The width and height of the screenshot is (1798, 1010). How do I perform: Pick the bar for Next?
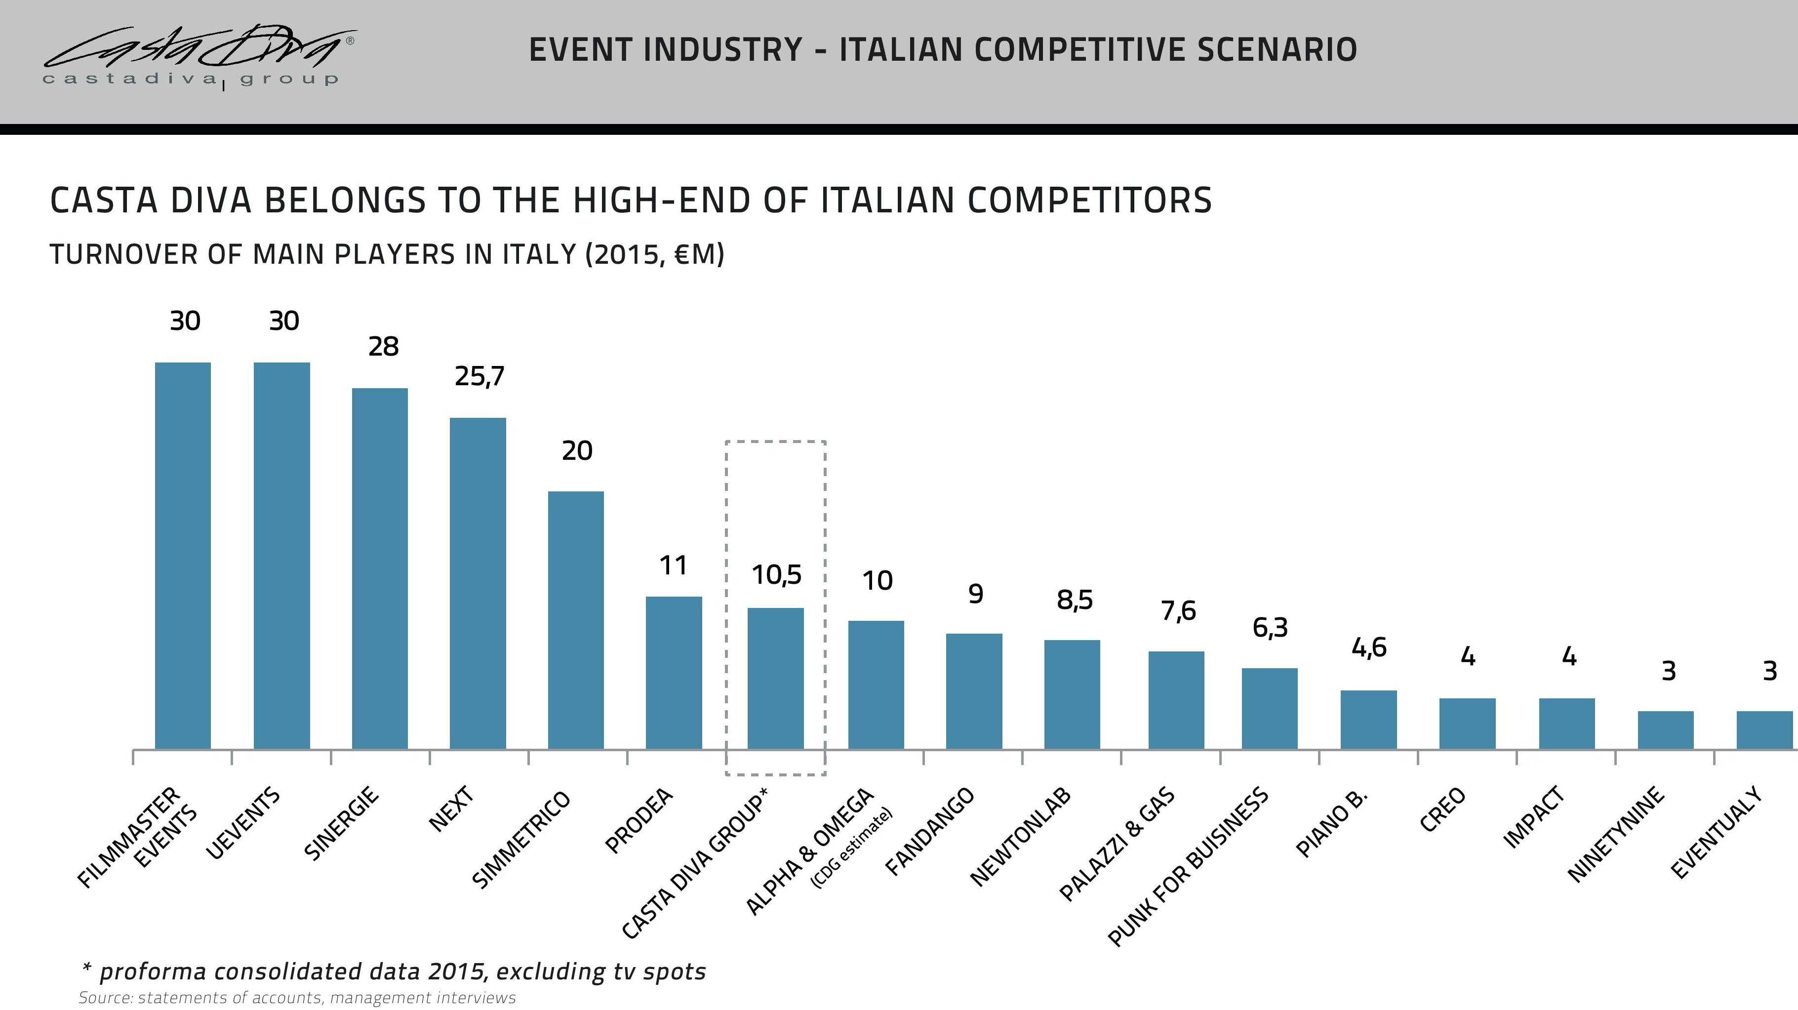click(x=478, y=583)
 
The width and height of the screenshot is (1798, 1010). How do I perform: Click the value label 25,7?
click(x=479, y=377)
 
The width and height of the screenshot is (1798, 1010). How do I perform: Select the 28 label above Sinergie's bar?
click(x=383, y=347)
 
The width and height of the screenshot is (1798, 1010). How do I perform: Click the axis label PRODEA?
click(x=639, y=821)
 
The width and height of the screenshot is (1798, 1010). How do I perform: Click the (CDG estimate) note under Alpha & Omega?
click(x=851, y=848)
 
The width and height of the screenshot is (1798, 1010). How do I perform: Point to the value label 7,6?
click(x=1178, y=611)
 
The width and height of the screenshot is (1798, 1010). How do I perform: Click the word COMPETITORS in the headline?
click(x=1089, y=201)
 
